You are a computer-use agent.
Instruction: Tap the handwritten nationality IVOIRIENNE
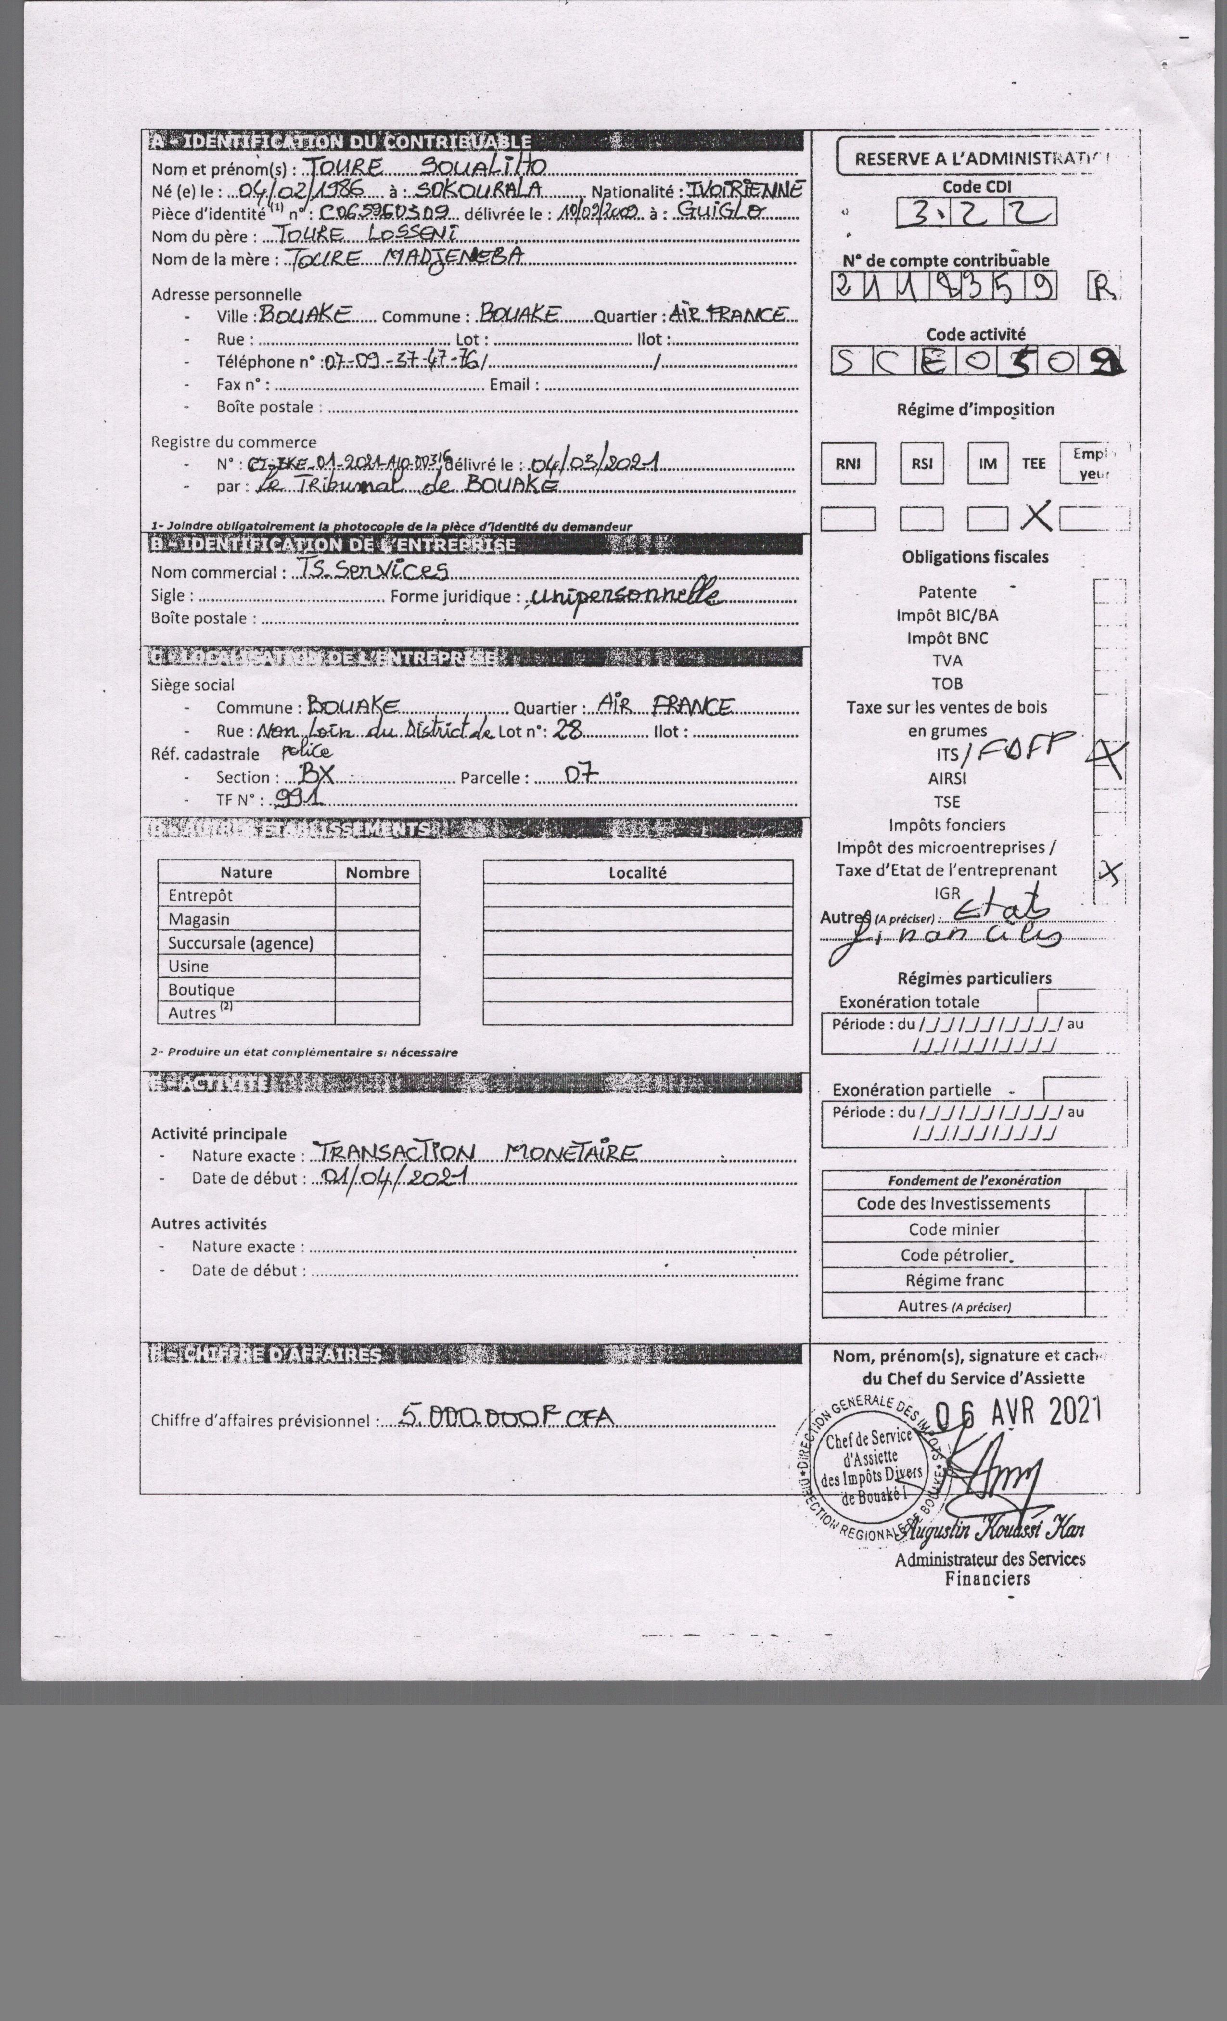tap(742, 190)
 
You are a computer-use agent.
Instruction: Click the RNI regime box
tap(848, 463)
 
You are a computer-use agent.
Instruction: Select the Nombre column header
tap(377, 872)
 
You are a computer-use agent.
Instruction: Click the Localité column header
tap(637, 872)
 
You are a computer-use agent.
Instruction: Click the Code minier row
tap(953, 1228)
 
